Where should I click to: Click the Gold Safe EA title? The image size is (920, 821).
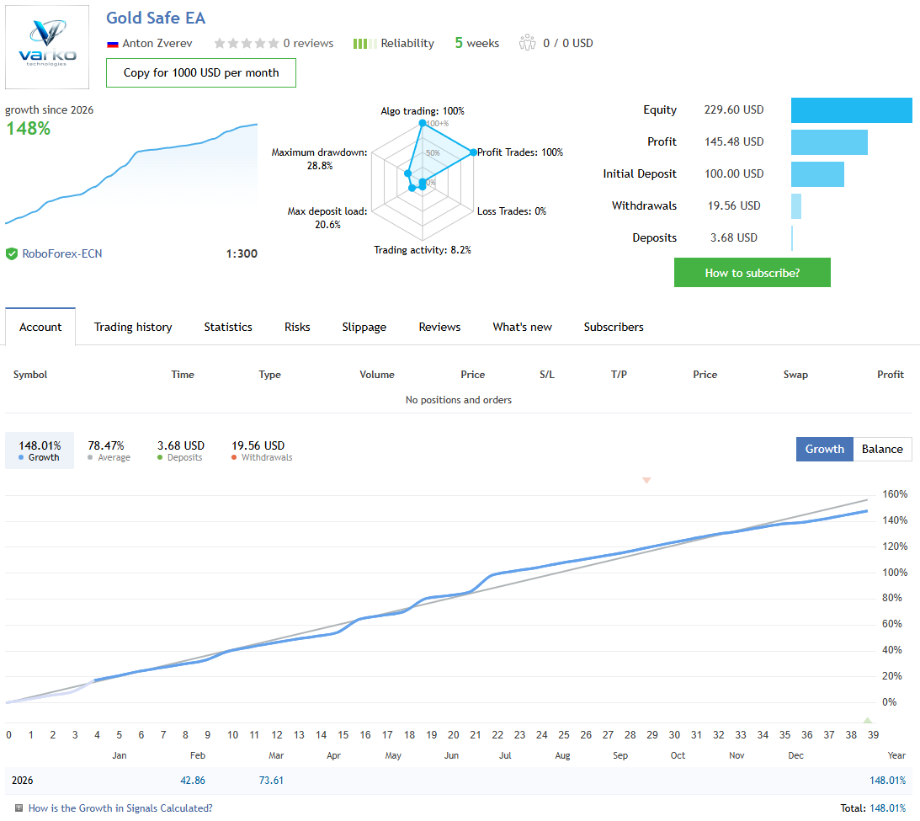pos(156,18)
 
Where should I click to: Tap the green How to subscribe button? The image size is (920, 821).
pos(752,273)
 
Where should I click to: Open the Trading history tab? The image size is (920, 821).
pos(133,327)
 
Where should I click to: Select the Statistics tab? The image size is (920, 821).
pos(228,327)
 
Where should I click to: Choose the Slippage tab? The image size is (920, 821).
pos(364,327)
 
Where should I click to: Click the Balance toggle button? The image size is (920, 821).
pos(882,449)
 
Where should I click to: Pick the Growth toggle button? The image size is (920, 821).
pos(824,449)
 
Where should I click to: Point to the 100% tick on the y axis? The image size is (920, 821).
pos(894,573)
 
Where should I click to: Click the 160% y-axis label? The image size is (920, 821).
pos(894,494)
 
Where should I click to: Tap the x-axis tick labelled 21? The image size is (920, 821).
pos(476,735)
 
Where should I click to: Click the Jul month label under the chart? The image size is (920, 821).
pos(505,755)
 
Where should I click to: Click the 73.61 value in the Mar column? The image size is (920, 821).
pos(271,781)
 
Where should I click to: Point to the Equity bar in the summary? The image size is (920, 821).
pos(851,110)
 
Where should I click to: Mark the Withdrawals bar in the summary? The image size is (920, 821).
pos(796,206)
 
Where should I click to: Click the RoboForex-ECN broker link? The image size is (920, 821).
pos(61,253)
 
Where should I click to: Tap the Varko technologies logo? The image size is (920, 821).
pos(47,47)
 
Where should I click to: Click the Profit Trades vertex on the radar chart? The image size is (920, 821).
pos(473,152)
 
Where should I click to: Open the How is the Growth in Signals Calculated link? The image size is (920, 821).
pos(120,808)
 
